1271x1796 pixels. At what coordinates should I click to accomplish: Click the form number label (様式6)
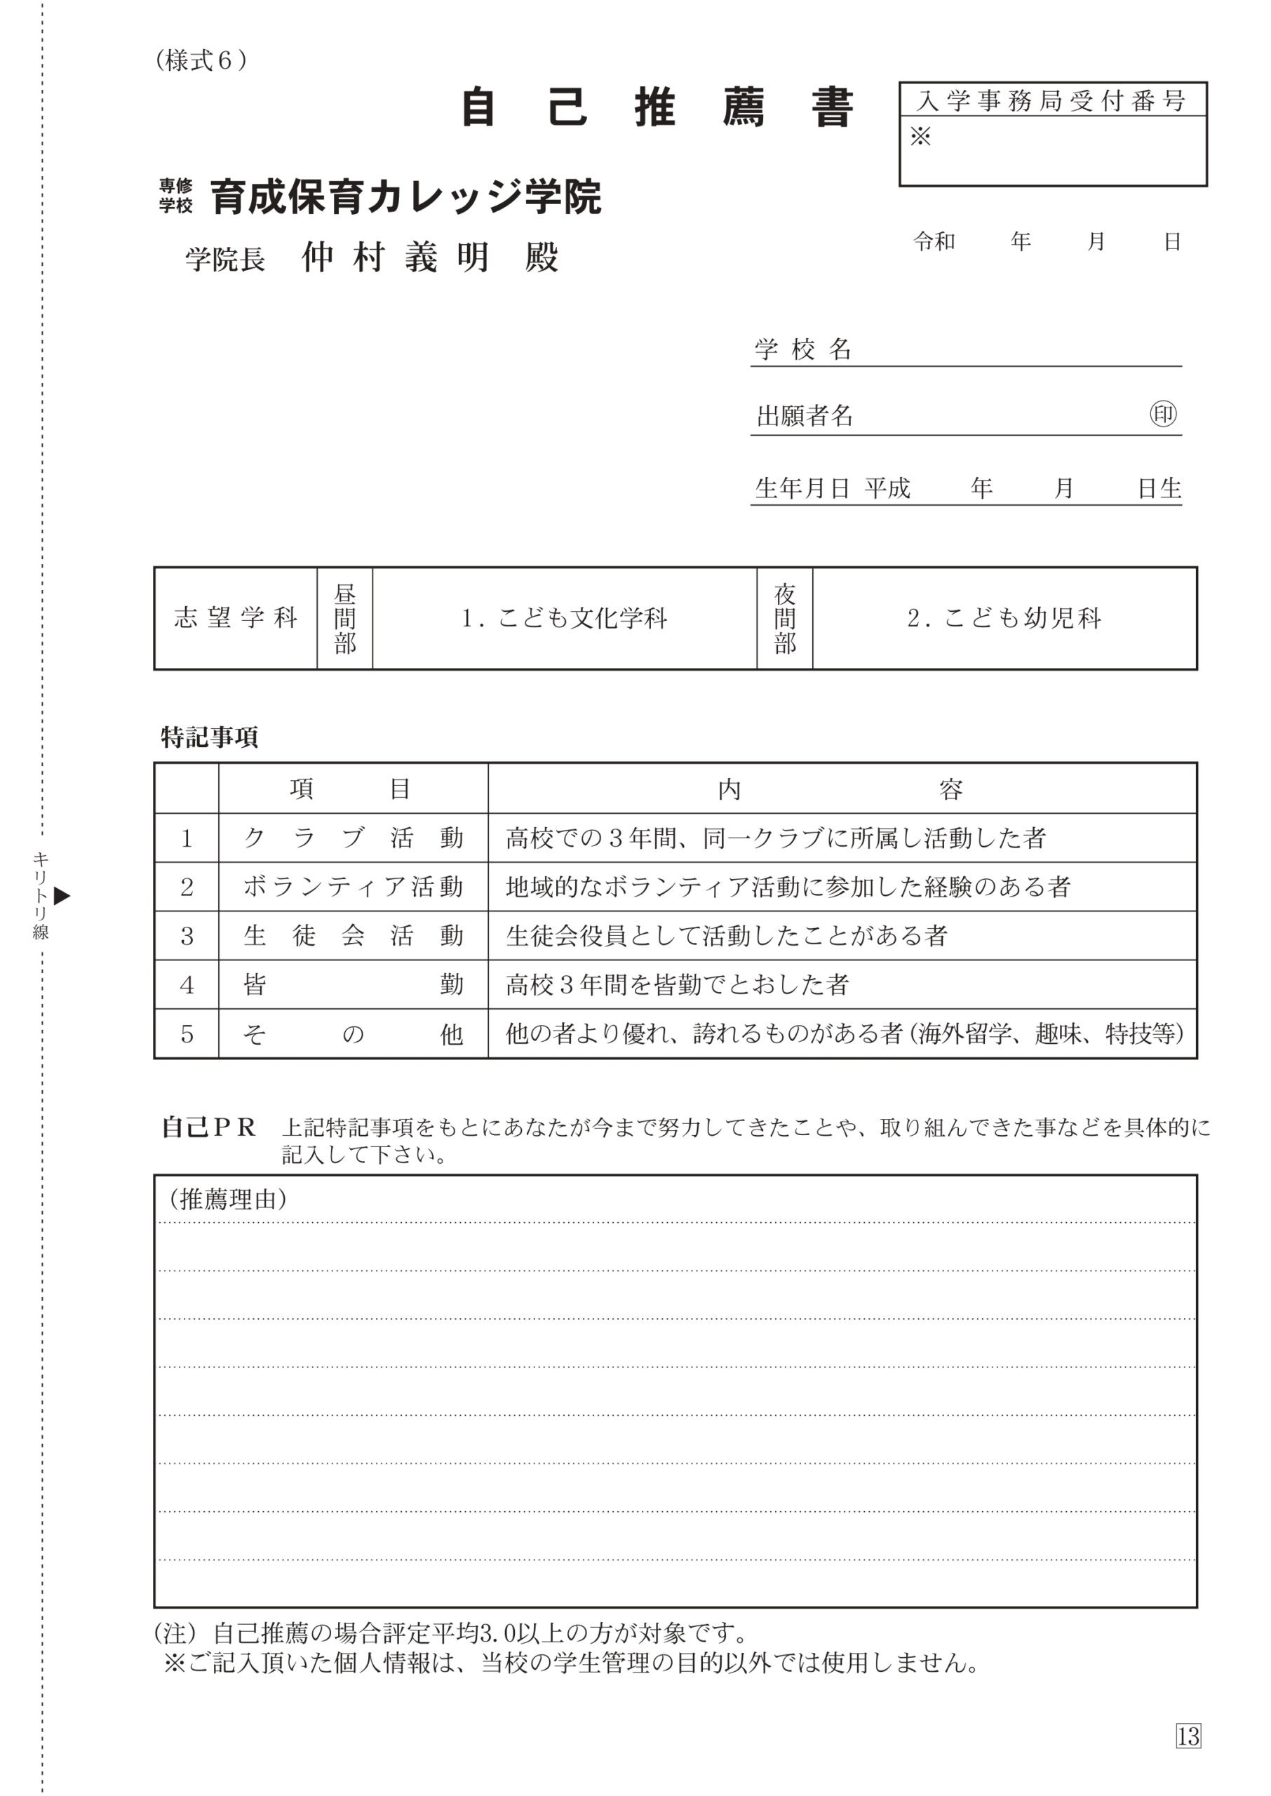201,60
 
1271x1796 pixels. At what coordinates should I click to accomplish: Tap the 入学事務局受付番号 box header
1052,101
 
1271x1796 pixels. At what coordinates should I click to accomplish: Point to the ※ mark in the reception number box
920,137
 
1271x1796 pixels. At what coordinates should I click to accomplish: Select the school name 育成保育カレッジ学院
405,197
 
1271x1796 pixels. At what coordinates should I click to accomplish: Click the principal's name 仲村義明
395,257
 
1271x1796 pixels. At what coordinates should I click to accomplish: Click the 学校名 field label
803,349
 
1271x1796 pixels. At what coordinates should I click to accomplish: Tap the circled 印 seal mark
1162,414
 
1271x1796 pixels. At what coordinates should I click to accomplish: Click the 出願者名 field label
805,416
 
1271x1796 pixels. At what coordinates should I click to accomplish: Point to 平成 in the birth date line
887,488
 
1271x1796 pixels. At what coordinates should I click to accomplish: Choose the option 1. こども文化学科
564,618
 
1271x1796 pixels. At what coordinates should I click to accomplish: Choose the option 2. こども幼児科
1004,618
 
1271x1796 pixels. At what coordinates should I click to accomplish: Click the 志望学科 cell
236,618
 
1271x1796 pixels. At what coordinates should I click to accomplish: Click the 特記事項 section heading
209,737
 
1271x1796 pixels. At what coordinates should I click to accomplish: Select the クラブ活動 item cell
353,838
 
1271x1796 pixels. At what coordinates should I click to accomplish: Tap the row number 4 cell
187,984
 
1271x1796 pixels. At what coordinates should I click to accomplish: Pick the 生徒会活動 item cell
353,936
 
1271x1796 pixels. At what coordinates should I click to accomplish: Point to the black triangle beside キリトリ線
62,896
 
